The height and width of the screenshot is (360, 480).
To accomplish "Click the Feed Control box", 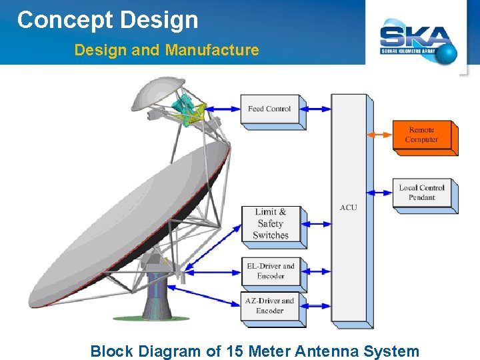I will point(269,109).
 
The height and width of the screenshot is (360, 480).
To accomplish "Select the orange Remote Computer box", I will point(422,135).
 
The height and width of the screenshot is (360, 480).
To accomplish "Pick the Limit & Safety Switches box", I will point(270,224).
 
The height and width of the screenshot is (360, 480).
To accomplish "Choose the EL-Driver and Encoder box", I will point(270,271).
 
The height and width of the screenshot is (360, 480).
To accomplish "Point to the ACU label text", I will point(348,207).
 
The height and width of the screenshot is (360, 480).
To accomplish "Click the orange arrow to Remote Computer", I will point(379,135).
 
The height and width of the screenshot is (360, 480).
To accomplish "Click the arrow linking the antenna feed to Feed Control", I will point(223,109).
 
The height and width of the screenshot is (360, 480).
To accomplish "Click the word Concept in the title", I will point(65,20).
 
